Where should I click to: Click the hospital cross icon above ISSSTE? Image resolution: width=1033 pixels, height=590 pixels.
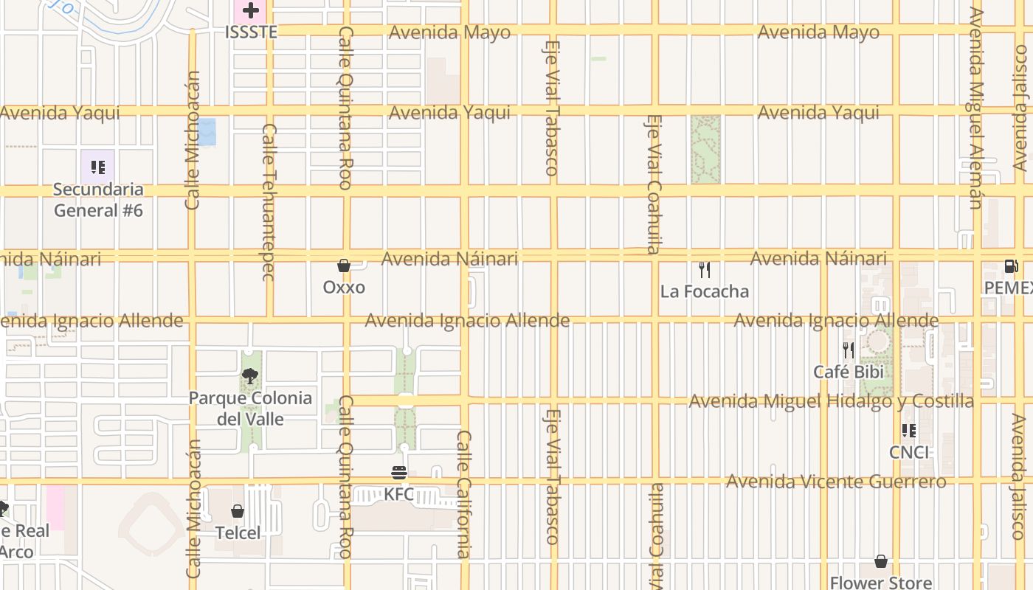tap(251, 10)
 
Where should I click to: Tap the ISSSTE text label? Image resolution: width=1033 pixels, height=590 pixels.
tap(251, 32)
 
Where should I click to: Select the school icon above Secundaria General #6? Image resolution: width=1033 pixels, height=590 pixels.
tap(98, 167)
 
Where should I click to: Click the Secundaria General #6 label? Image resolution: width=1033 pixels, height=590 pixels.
tap(98, 200)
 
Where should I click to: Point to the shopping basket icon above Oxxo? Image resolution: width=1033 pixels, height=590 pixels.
tap(344, 265)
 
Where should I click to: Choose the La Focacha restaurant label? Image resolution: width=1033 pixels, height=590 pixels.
tap(704, 291)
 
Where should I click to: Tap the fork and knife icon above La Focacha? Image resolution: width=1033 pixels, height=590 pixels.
tap(705, 270)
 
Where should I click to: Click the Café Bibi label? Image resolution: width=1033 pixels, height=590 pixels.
tap(849, 372)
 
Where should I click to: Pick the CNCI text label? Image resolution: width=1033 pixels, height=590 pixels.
tap(909, 452)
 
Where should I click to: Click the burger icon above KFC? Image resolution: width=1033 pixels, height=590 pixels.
tap(399, 473)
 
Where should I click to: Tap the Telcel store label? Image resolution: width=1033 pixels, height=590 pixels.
tap(238, 532)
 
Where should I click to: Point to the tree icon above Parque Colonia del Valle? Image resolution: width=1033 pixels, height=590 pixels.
tap(250, 376)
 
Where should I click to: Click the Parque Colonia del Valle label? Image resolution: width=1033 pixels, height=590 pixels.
tap(250, 409)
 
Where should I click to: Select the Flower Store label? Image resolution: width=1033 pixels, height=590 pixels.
tap(880, 583)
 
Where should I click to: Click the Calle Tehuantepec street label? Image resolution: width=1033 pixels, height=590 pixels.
tap(269, 202)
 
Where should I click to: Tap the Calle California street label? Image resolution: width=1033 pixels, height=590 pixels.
tap(463, 494)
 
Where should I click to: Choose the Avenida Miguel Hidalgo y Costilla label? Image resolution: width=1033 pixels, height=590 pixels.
tap(831, 401)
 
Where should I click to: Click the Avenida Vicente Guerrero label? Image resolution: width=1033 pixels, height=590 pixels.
tap(836, 482)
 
